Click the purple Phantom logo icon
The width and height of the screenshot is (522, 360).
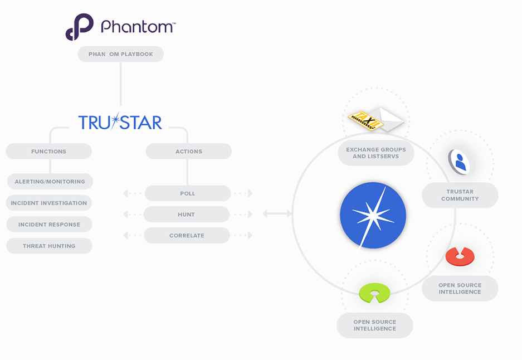pyautogui.click(x=80, y=27)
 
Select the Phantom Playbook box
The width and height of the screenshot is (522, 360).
pyautogui.click(x=120, y=54)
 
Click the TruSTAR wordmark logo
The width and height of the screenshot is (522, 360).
pyautogui.click(x=120, y=121)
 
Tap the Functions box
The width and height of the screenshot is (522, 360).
pyautogui.click(x=48, y=151)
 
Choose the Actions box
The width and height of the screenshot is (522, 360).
pyautogui.click(x=189, y=151)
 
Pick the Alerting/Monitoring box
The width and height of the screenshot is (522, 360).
pyautogui.click(x=50, y=182)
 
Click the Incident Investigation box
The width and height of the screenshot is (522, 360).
pyautogui.click(x=48, y=203)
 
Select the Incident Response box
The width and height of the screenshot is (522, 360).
pyautogui.click(x=49, y=225)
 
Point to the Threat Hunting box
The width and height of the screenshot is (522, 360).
pyautogui.click(x=49, y=246)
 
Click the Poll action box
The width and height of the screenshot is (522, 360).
pyautogui.click(x=188, y=193)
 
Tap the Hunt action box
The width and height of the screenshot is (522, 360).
pyautogui.click(x=187, y=215)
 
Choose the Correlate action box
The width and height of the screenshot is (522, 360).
pyautogui.click(x=187, y=235)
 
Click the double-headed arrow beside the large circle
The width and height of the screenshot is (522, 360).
pyautogui.click(x=277, y=213)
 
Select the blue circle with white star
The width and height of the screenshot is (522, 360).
pyautogui.click(x=373, y=216)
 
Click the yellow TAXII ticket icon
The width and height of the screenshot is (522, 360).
pyautogui.click(x=366, y=120)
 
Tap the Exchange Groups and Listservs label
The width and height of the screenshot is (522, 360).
pyautogui.click(x=376, y=153)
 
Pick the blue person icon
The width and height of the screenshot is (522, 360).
pyautogui.click(x=460, y=162)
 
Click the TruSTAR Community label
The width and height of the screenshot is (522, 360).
pyautogui.click(x=460, y=195)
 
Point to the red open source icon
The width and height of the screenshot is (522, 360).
pyautogui.click(x=460, y=256)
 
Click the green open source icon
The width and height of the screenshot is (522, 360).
pyautogui.click(x=374, y=293)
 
